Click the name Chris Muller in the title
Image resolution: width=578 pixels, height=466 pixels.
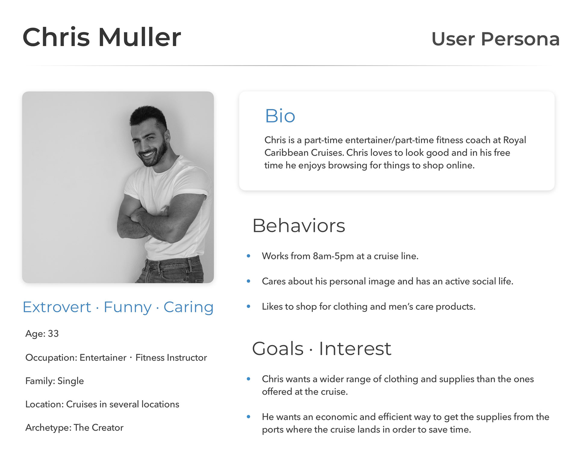(x=102, y=37)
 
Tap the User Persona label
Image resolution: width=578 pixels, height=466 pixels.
(x=496, y=39)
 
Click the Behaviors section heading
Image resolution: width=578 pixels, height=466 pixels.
(x=299, y=226)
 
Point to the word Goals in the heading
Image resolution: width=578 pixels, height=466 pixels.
(x=278, y=348)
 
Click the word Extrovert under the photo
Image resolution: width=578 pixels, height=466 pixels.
(x=57, y=307)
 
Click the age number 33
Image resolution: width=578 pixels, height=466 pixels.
(x=53, y=334)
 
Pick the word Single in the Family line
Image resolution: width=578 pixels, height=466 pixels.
(x=70, y=381)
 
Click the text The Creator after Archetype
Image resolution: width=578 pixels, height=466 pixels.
(x=98, y=427)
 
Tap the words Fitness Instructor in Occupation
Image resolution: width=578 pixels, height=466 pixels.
(x=171, y=358)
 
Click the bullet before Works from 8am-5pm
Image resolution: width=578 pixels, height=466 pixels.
(x=248, y=256)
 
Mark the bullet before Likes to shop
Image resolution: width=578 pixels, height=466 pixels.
(x=248, y=307)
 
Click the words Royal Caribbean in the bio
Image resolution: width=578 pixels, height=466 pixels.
(x=395, y=147)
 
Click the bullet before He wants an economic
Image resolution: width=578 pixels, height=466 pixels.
(x=248, y=417)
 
